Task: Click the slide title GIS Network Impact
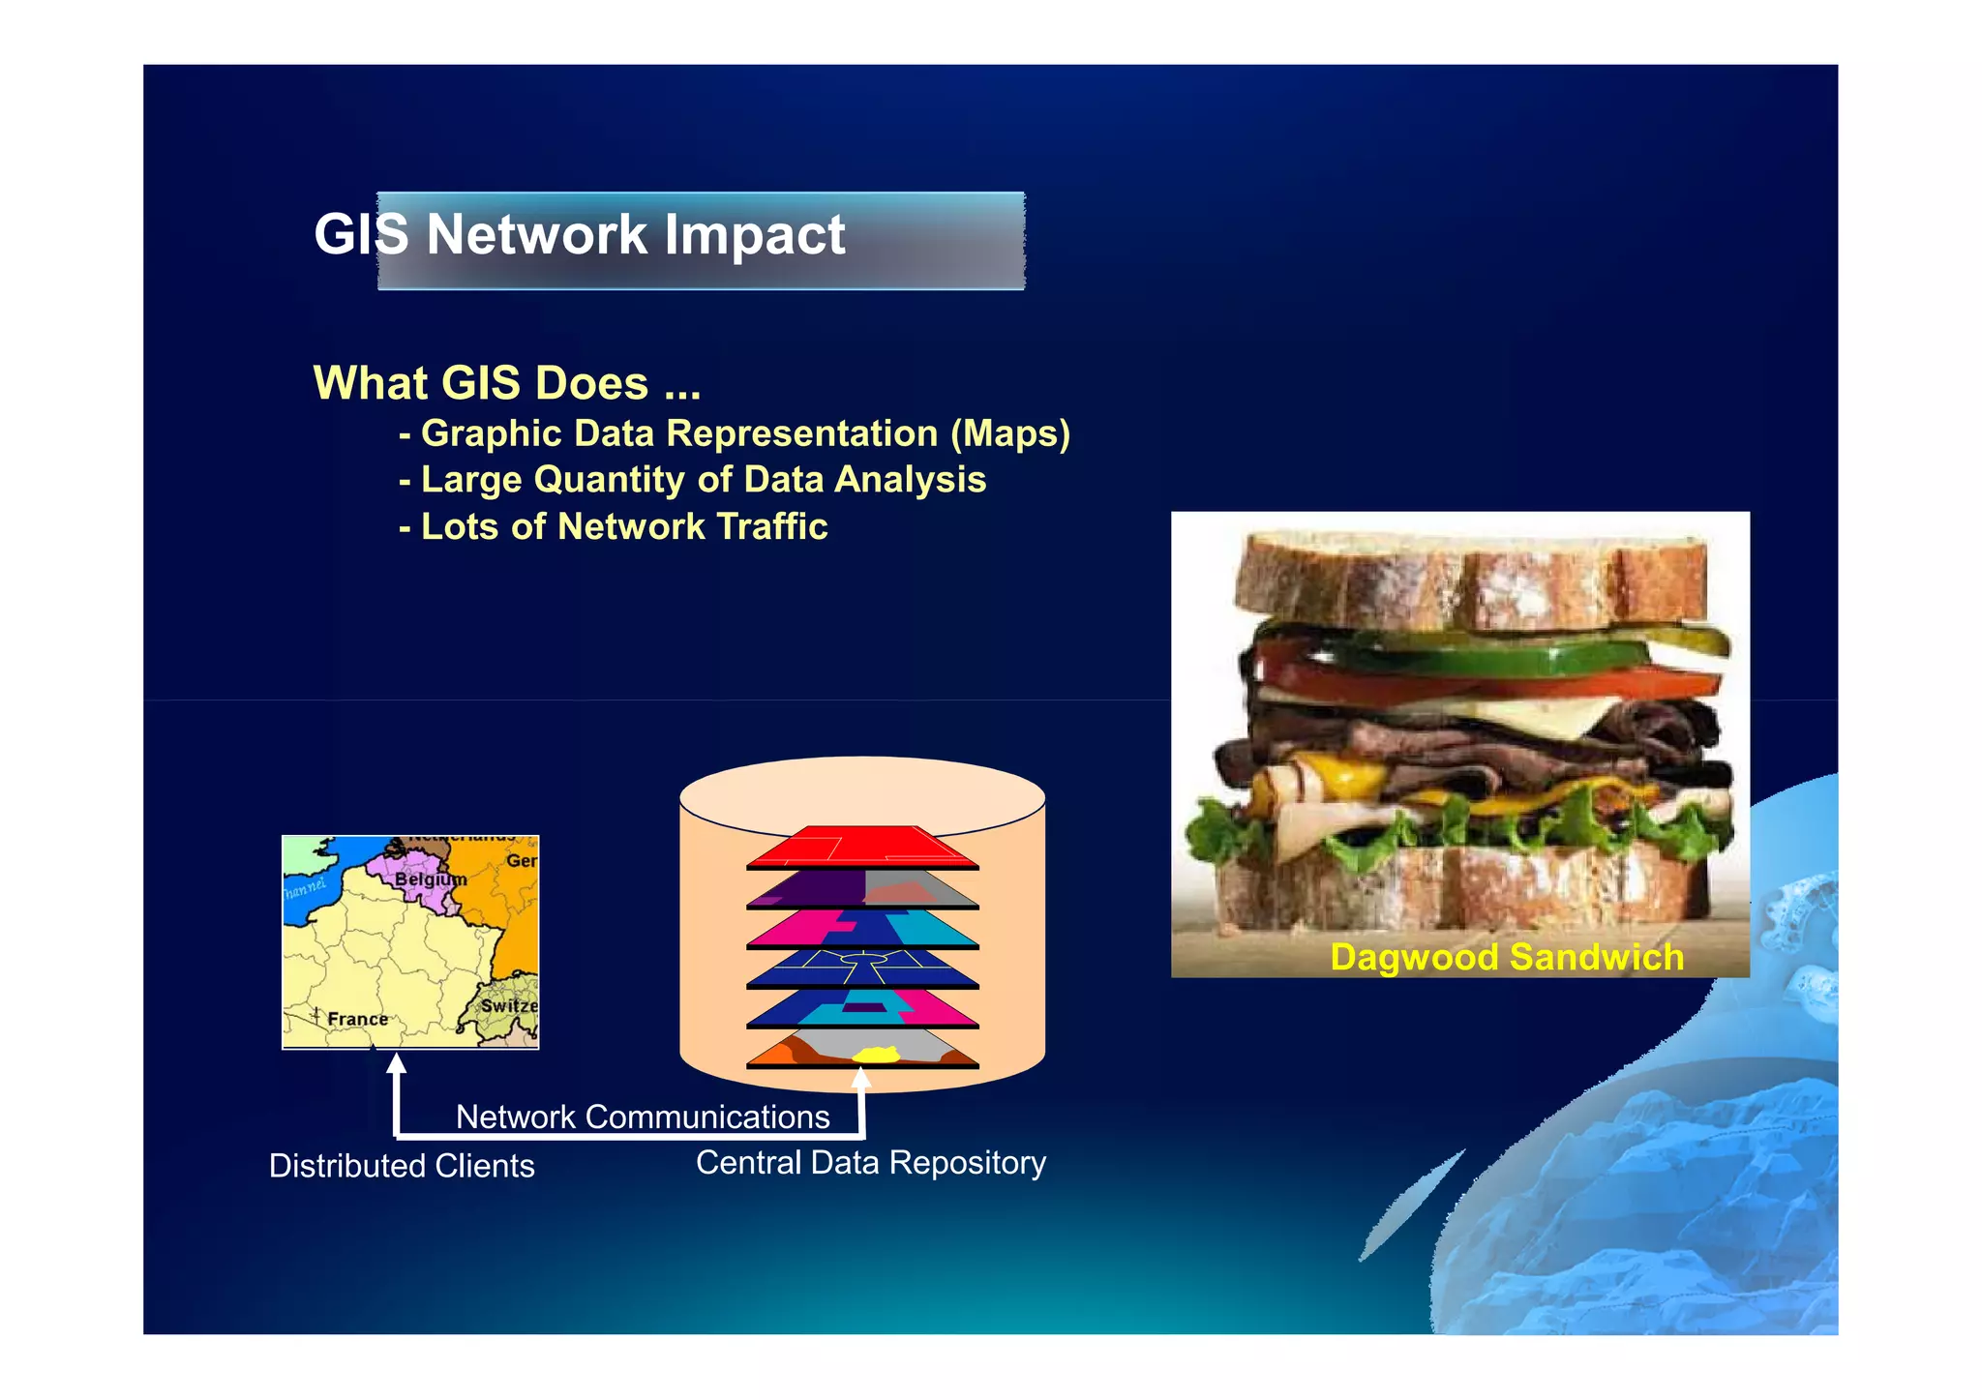pos(580,235)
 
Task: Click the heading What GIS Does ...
pos(506,383)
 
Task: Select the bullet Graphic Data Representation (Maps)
pos(736,433)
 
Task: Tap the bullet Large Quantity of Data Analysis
pos(693,480)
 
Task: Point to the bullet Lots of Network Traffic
pos(614,527)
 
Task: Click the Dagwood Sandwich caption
pos(1506,957)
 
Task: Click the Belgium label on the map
pos(430,879)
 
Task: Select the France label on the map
pos(357,1019)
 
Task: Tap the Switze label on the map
pos(509,1005)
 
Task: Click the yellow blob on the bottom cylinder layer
pos(876,1055)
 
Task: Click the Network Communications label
pos(643,1117)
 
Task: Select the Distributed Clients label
pos(402,1166)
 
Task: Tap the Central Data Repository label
pos(871,1163)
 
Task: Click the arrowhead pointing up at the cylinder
pos(861,1077)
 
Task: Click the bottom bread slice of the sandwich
pos(1461,885)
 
